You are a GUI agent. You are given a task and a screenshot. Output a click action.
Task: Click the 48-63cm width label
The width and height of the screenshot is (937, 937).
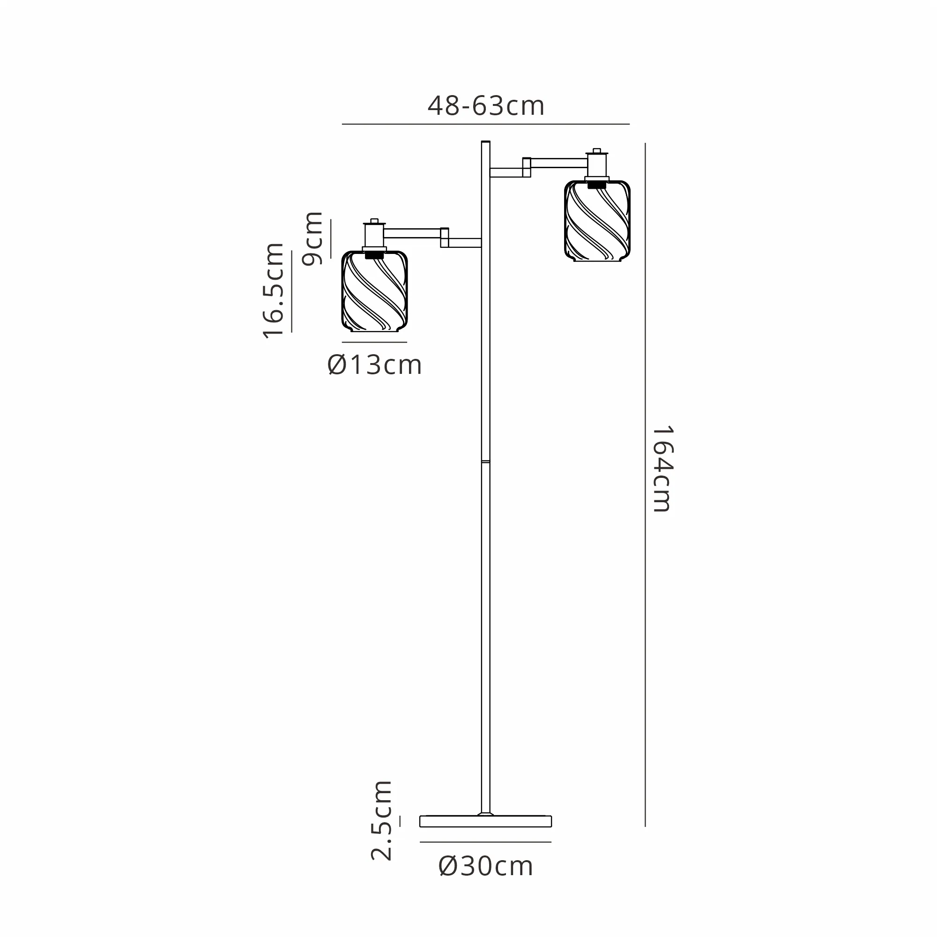point(486,106)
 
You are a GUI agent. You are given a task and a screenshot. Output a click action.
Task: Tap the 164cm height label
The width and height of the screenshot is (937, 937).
point(662,469)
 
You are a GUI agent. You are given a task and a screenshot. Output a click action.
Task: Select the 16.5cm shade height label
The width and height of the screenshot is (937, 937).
point(273,290)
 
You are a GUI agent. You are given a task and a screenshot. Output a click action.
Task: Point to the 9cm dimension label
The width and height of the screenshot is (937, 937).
point(312,238)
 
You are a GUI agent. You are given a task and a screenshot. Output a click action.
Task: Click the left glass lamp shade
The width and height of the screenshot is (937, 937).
point(374,291)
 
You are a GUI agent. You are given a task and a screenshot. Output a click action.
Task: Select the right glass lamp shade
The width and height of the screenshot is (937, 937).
point(597,221)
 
